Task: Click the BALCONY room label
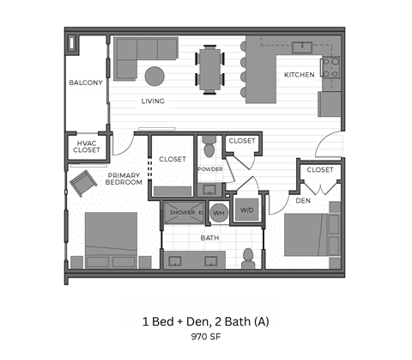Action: [x=86, y=83]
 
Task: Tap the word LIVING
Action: [x=153, y=101]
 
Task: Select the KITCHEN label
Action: [x=299, y=75]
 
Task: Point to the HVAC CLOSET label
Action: [x=87, y=146]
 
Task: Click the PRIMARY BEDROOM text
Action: [x=124, y=179]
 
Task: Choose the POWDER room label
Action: [x=209, y=169]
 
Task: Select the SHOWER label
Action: [x=182, y=212]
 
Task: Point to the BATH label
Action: [x=209, y=237]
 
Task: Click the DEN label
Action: [x=303, y=201]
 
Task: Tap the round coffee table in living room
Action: [x=155, y=76]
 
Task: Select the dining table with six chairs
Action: [x=211, y=68]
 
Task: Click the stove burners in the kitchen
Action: [x=330, y=67]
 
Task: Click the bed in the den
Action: [x=310, y=234]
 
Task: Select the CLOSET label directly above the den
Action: [x=319, y=170]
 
